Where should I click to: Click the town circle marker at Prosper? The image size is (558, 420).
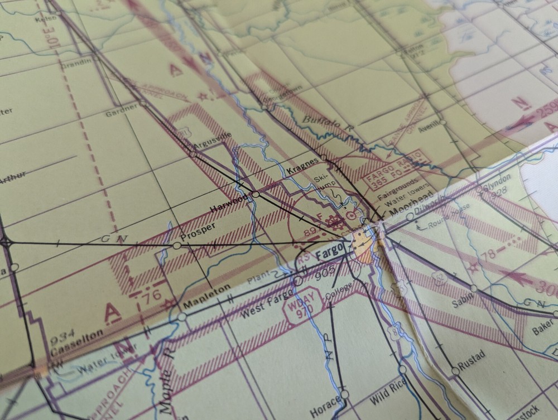177,245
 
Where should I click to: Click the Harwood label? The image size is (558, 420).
228,202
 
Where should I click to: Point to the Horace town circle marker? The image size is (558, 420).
345,394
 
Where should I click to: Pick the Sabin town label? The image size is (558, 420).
463,300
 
